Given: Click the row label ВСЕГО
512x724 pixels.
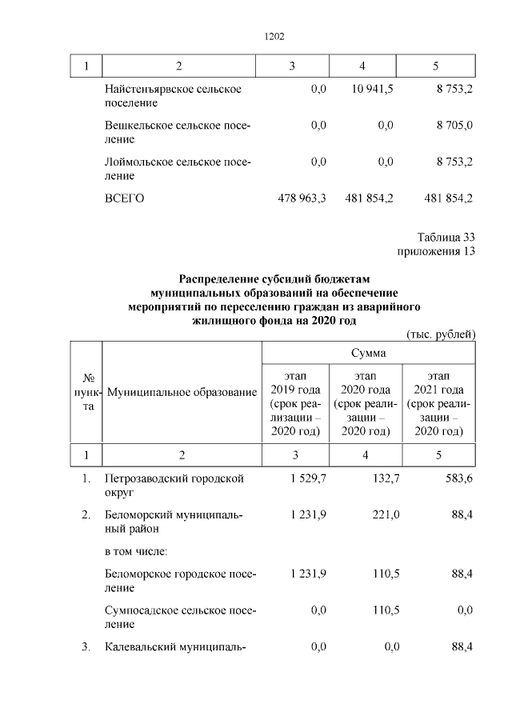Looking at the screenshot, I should click(124, 198).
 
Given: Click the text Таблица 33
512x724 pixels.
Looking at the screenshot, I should click(446, 237).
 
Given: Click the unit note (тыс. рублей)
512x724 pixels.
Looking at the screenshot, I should click(441, 334).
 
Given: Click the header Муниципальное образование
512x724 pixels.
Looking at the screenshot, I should click(182, 392).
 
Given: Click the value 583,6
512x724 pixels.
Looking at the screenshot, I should click(458, 478).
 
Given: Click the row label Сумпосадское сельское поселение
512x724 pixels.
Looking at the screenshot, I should click(180, 617).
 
